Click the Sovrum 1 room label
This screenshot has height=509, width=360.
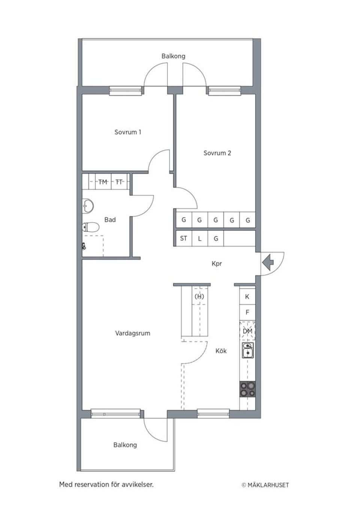coord(128,132)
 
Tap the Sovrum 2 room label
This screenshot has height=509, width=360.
coord(217,153)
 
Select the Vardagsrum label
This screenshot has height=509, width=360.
coord(133,333)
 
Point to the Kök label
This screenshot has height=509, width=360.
coord(221,351)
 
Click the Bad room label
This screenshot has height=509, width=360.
coord(110,220)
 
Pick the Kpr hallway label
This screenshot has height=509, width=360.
coord(217,263)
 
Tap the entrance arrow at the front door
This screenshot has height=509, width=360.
coord(268,262)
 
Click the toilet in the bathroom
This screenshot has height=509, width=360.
coord(90,227)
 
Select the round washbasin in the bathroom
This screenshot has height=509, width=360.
coord(88,205)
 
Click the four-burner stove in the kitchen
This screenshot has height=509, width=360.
coord(247,389)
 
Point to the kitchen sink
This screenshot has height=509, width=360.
coord(247,351)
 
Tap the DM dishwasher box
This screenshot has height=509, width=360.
coord(247,331)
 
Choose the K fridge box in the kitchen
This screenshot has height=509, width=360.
coord(247,296)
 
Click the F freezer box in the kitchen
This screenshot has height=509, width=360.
coord(247,312)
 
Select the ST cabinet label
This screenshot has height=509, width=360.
coord(184,238)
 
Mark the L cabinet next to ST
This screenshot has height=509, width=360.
coord(199,238)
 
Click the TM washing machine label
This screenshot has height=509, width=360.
coord(103,182)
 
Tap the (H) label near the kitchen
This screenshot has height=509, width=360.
coord(199,296)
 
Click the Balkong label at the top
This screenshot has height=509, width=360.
coord(173,56)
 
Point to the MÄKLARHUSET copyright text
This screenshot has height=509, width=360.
coord(265,485)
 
